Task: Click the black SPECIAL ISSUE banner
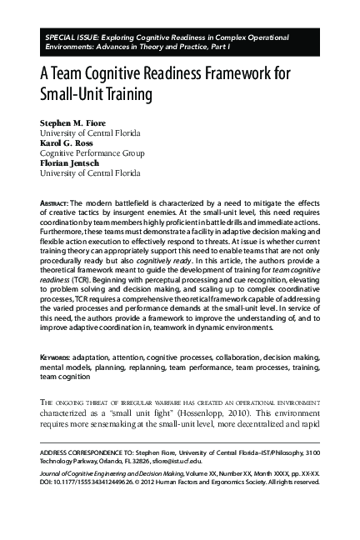click(179, 42)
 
